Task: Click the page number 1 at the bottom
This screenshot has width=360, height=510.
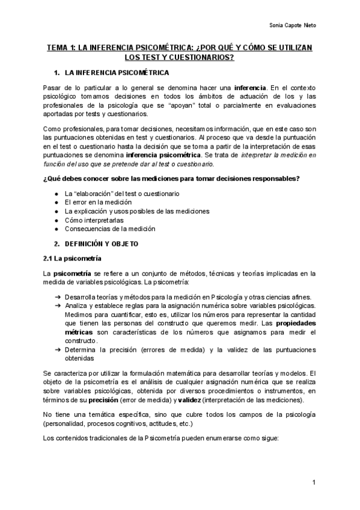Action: pyautogui.click(x=314, y=483)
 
